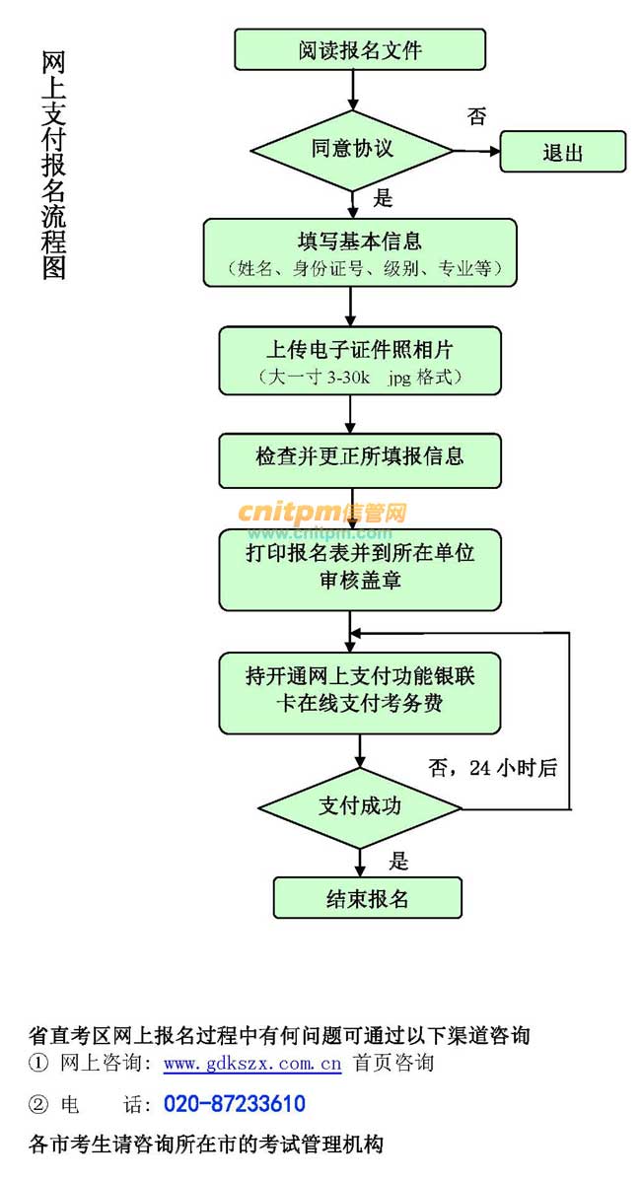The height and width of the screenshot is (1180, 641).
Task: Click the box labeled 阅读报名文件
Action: (x=360, y=49)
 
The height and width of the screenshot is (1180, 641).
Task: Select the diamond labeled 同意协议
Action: (x=352, y=150)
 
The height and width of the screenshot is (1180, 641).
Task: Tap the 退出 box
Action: (x=563, y=152)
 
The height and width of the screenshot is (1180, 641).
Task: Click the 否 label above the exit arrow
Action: (x=476, y=116)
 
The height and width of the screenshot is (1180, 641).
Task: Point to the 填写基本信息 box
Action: (x=360, y=252)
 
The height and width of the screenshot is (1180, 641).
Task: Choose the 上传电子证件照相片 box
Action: (x=360, y=360)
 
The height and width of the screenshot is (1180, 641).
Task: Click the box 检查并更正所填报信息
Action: (x=360, y=459)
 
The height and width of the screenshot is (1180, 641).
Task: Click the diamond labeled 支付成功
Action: (x=360, y=806)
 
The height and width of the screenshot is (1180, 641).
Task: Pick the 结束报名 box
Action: (x=367, y=897)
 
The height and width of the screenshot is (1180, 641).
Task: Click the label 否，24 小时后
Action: (x=493, y=768)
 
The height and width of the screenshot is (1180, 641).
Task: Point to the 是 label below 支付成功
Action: (x=398, y=861)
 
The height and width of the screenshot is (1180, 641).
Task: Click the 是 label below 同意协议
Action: (x=383, y=198)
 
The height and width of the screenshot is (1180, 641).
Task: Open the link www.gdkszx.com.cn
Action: (x=252, y=1064)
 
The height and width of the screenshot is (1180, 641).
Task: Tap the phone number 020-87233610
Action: (x=235, y=1104)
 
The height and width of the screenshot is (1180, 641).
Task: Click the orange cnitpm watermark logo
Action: (x=321, y=513)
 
